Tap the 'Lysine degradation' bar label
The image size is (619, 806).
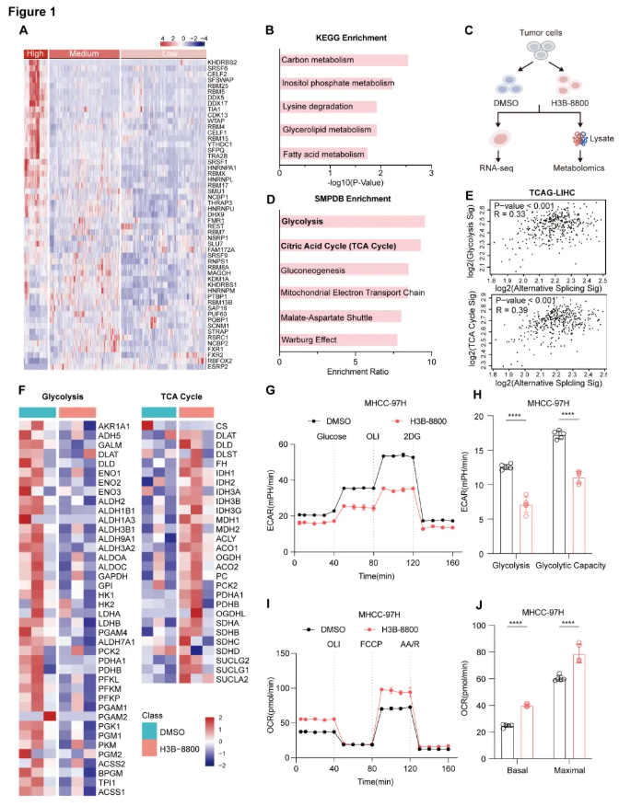point(315,106)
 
